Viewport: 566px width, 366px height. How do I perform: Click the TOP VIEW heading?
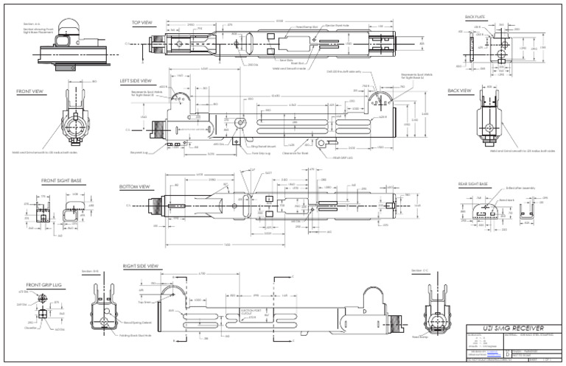click(x=142, y=23)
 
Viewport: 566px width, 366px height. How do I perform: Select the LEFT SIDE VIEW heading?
click(x=136, y=81)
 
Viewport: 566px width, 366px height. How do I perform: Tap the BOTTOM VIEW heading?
click(x=135, y=187)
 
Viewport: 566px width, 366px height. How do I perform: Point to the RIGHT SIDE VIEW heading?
click(x=141, y=265)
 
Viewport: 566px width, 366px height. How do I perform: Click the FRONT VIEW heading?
click(x=31, y=92)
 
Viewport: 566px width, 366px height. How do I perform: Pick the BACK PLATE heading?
click(x=475, y=16)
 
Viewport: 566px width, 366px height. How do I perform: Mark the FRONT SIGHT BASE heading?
click(x=60, y=180)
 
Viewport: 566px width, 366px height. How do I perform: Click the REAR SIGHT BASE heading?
click(x=473, y=183)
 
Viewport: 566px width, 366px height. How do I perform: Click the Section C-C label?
click(x=420, y=270)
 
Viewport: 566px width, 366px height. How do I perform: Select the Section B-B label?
click(x=90, y=270)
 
